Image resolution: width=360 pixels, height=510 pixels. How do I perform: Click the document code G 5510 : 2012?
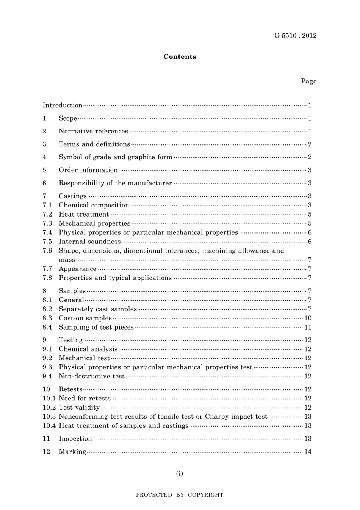295,36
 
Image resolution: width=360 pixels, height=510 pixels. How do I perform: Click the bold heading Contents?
180,57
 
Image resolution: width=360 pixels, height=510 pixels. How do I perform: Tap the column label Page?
308,81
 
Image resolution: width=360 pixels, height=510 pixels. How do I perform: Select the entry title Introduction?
62,105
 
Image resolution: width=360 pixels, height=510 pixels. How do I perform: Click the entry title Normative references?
93,131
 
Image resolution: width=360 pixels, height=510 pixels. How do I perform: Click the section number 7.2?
47,214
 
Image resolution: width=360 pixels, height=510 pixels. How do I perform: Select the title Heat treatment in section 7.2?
84,214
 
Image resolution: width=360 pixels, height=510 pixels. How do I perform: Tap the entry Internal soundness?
89,242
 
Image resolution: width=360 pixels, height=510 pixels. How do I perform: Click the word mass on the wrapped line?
67,260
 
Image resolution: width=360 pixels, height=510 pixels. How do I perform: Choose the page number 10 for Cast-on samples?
308,318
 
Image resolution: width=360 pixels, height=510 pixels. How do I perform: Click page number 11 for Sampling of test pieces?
308,327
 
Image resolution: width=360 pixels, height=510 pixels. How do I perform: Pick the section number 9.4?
47,376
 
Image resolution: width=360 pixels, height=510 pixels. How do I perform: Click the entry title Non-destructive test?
91,376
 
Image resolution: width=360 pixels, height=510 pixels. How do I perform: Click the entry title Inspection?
75,439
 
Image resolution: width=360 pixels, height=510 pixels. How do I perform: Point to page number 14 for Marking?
308,452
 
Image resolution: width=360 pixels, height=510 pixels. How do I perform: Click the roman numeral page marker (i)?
180,474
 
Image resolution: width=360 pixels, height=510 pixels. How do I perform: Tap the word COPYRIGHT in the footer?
205,495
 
